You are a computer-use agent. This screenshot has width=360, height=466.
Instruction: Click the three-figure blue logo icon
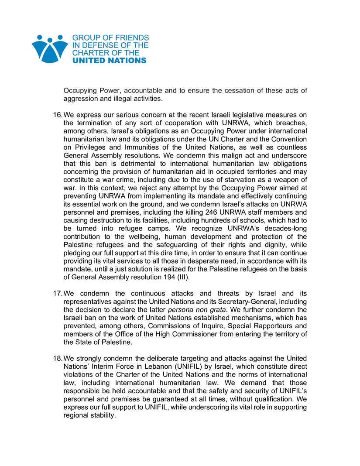[x=50, y=49]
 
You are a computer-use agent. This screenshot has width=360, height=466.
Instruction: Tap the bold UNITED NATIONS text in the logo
[x=110, y=61]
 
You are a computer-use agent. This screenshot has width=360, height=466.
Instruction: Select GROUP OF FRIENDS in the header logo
[x=110, y=38]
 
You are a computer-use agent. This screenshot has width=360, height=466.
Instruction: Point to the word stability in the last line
[x=102, y=415]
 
